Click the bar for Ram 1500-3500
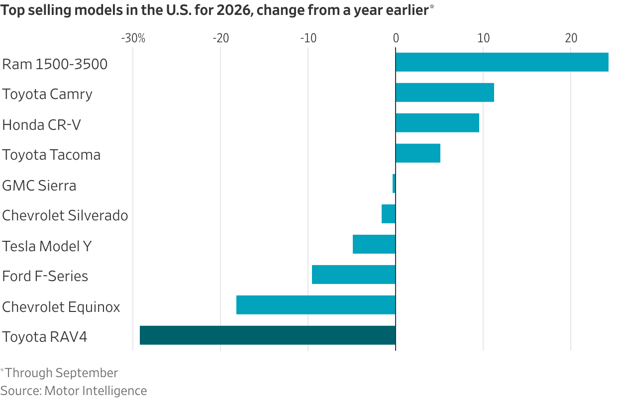tap(502, 62)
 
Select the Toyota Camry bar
tap(445, 93)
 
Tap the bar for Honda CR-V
tap(437, 123)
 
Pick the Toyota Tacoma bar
tap(418, 153)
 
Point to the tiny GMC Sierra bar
tap(394, 184)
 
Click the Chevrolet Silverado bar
tap(389, 214)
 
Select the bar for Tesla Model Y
tap(374, 244)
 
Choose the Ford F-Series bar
tap(354, 274)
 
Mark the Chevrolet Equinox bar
tap(316, 305)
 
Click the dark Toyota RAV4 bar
tap(268, 335)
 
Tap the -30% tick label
tap(133, 38)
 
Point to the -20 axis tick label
tap(221, 38)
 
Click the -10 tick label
tap(308, 38)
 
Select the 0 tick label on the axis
tap(396, 38)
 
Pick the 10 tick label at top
tap(484, 38)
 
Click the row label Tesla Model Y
tap(47, 246)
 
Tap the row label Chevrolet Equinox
tap(61, 307)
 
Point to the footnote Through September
tap(61, 373)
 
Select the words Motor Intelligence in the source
tap(96, 391)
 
